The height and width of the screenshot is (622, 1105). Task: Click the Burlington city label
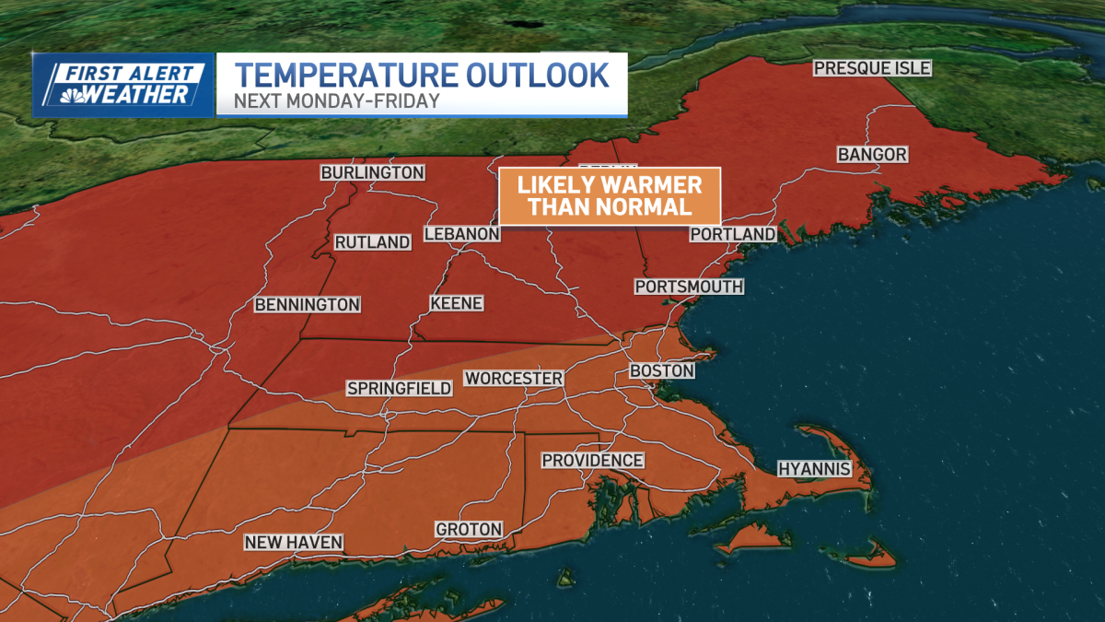(x=372, y=172)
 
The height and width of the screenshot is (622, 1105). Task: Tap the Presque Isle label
(x=871, y=68)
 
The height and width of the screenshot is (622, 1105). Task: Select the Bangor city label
(x=872, y=155)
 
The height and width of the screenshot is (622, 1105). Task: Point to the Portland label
(x=733, y=235)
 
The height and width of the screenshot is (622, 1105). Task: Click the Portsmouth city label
(x=689, y=287)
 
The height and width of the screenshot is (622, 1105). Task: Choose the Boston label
(x=661, y=370)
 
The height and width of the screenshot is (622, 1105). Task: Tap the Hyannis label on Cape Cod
(x=811, y=469)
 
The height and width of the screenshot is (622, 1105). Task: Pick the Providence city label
(x=592, y=460)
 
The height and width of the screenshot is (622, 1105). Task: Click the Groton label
(x=470, y=529)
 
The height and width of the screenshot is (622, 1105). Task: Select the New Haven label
(x=294, y=543)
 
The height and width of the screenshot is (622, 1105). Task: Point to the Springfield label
(x=400, y=388)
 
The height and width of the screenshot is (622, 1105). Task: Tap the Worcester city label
(x=514, y=379)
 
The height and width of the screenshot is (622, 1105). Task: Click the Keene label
(x=457, y=303)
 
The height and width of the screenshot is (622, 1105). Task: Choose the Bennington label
(x=307, y=304)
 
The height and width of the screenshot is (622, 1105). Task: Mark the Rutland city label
(x=372, y=242)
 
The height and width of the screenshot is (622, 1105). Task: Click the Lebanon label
(x=461, y=235)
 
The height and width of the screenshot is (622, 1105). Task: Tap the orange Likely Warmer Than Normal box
(x=609, y=195)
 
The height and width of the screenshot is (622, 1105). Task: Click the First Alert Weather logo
(x=122, y=85)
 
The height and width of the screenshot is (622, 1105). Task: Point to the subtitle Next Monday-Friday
(x=336, y=100)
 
